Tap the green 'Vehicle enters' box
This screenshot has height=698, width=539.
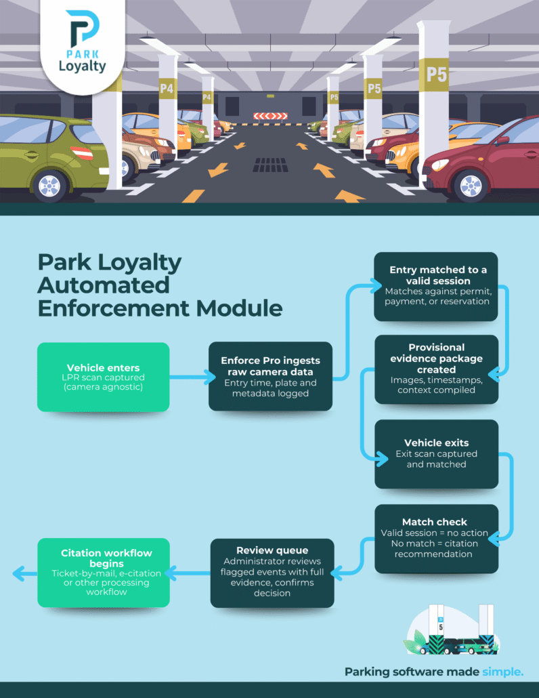click(x=103, y=377)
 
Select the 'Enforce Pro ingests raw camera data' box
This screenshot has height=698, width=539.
click(x=270, y=377)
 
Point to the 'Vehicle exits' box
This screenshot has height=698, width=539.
click(x=437, y=454)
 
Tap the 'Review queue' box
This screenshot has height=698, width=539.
click(x=272, y=572)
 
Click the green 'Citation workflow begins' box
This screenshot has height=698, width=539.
click(x=103, y=572)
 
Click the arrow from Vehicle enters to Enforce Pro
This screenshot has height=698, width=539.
click(x=189, y=377)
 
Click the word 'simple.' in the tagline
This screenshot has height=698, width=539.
click(x=502, y=672)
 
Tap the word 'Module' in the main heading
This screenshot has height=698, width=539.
click(x=240, y=308)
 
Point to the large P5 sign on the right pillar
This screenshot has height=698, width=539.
click(x=436, y=74)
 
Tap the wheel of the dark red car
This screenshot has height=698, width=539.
click(x=472, y=184)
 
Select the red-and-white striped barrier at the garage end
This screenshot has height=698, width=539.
click(x=270, y=116)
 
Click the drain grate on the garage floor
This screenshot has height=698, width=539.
click(x=270, y=165)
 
